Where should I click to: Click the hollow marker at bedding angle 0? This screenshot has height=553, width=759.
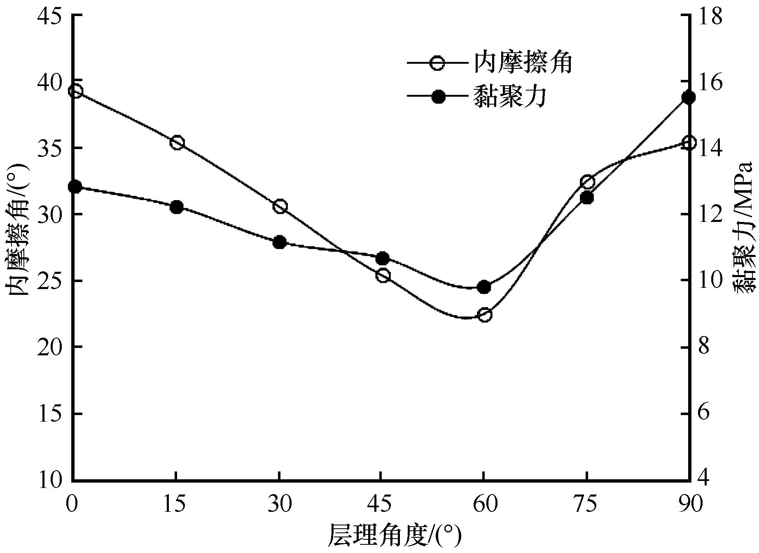pyautogui.click(x=76, y=91)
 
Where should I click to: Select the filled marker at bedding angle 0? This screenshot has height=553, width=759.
pyautogui.click(x=75, y=187)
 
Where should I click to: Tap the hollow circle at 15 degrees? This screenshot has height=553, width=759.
pyautogui.click(x=177, y=143)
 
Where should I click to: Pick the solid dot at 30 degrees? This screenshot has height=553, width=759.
pyautogui.click(x=280, y=242)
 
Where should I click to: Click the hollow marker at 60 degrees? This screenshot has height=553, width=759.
pyautogui.click(x=485, y=315)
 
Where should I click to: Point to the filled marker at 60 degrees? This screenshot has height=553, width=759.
pyautogui.click(x=484, y=287)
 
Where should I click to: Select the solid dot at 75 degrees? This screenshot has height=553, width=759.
pyautogui.click(x=587, y=198)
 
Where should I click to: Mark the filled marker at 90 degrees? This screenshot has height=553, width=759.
pyautogui.click(x=689, y=98)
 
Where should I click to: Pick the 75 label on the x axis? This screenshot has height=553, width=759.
pyautogui.click(x=587, y=504)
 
